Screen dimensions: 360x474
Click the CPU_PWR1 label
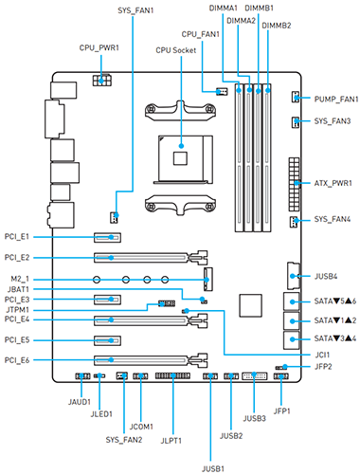[x=99, y=47]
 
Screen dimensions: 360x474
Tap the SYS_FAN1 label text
[x=135, y=10]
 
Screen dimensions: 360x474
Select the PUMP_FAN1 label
[x=336, y=100]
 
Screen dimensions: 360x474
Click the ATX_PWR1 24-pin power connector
[x=294, y=185]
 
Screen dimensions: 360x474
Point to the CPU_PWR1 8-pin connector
[x=101, y=81]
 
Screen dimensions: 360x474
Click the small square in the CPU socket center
[x=180, y=158]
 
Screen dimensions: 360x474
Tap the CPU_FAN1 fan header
[x=222, y=92]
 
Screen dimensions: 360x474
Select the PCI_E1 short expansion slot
[x=107, y=237]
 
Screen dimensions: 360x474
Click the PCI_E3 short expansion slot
[x=107, y=300]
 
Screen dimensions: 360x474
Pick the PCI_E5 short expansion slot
[x=107, y=340]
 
